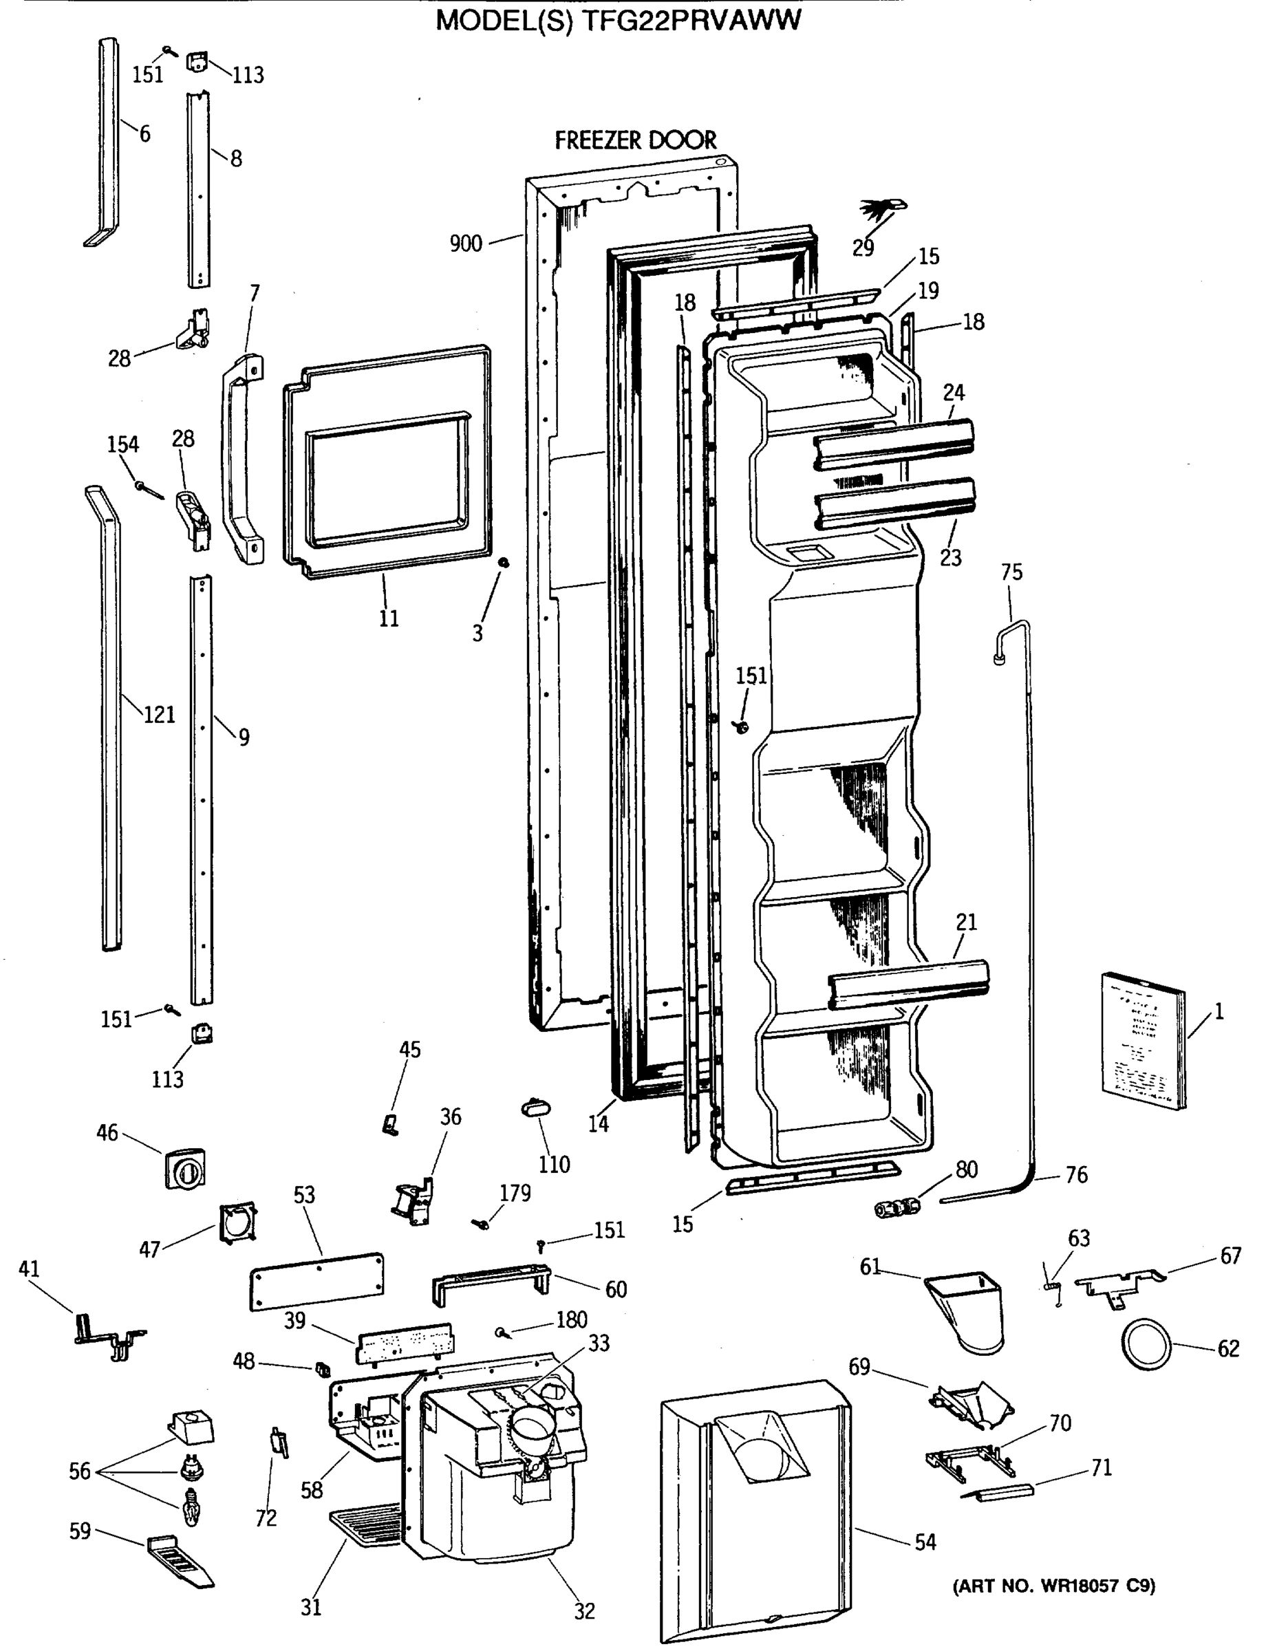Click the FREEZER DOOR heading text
pos(635,140)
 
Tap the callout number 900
pos(466,244)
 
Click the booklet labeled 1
pos(1141,1041)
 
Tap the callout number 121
pos(159,714)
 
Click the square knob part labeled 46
pos(185,1169)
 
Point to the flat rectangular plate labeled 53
pos(317,1280)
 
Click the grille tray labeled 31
pos(366,1523)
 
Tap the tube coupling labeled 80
pos(897,1207)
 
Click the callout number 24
pos(953,393)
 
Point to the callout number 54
pos(925,1542)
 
